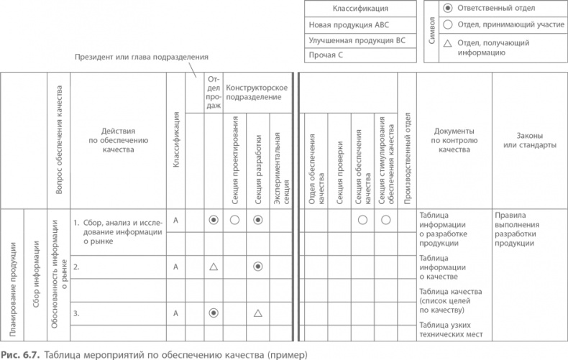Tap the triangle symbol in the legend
click(448, 44)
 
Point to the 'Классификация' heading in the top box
click(360, 9)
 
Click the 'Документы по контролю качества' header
click(454, 140)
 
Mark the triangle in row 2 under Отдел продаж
click(213, 267)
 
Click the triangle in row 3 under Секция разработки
click(257, 313)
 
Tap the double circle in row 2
click(257, 267)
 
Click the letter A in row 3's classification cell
click(175, 313)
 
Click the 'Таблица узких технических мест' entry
click(453, 331)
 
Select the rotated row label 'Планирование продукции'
click(12, 287)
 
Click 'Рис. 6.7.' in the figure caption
click(18, 354)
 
